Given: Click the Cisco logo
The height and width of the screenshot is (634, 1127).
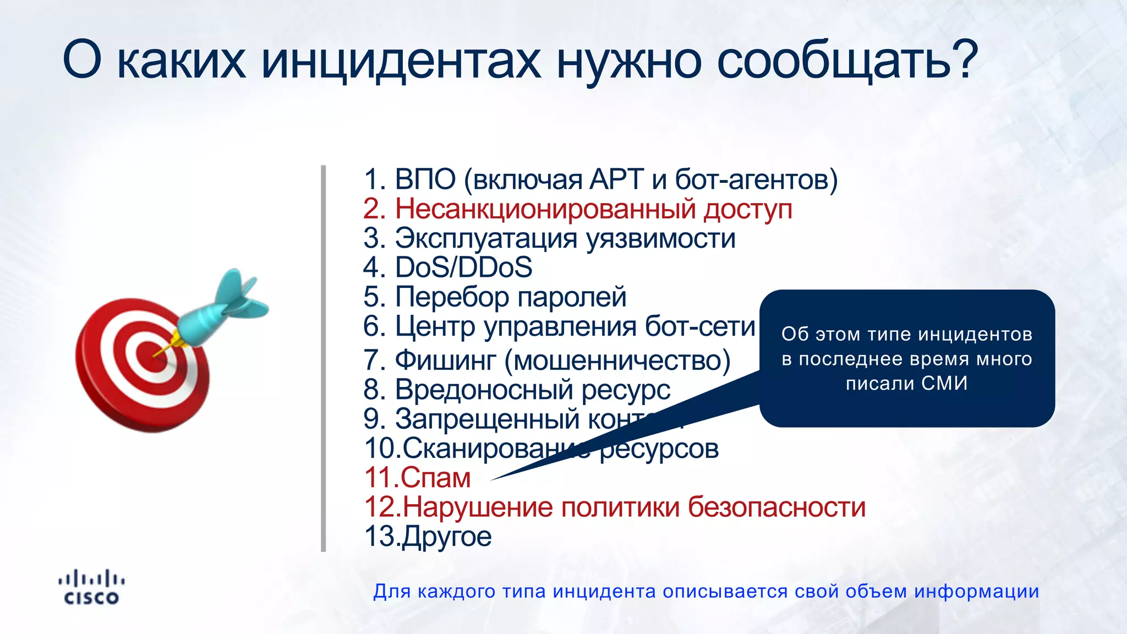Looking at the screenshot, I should point(91,588).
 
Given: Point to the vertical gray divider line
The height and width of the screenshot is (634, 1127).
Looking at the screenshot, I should point(324,358).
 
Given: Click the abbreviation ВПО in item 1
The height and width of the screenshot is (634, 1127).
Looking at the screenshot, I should point(425,179).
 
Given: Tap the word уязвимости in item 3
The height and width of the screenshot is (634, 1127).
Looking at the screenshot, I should point(660,239).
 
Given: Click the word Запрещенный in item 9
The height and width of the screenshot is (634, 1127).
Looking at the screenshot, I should point(486,419).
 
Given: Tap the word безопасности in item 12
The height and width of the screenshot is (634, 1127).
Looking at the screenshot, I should point(777,507).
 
